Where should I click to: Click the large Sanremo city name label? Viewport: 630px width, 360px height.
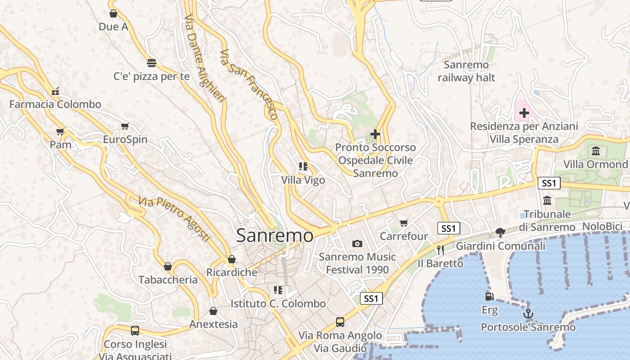[x=274, y=235]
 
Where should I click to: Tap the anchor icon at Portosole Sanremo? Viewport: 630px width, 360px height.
[x=528, y=314]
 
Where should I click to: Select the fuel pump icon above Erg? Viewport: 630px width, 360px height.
[x=490, y=297]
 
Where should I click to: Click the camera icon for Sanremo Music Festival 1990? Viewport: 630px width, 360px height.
[x=357, y=243]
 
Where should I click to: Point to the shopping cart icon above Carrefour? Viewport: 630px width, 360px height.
[x=404, y=223]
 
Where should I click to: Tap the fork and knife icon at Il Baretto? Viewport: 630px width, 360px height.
[x=441, y=250]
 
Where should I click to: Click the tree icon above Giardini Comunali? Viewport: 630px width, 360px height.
[x=500, y=232]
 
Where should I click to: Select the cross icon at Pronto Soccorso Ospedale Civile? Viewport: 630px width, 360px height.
[x=375, y=134]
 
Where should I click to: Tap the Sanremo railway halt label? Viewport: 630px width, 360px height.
[x=466, y=71]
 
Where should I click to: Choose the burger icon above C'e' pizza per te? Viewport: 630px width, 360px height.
[x=152, y=63]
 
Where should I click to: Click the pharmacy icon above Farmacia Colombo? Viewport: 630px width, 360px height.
[x=55, y=91]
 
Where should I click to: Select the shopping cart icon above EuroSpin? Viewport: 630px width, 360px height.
[x=125, y=126]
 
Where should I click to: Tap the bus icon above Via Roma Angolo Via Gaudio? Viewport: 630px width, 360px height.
[x=340, y=322]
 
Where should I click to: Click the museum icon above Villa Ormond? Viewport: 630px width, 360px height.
[x=596, y=151]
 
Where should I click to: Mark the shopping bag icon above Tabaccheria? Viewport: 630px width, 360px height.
[x=168, y=266]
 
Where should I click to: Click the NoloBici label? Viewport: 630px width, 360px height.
[x=602, y=226]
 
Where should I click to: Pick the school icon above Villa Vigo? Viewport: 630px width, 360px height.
[x=303, y=166]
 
